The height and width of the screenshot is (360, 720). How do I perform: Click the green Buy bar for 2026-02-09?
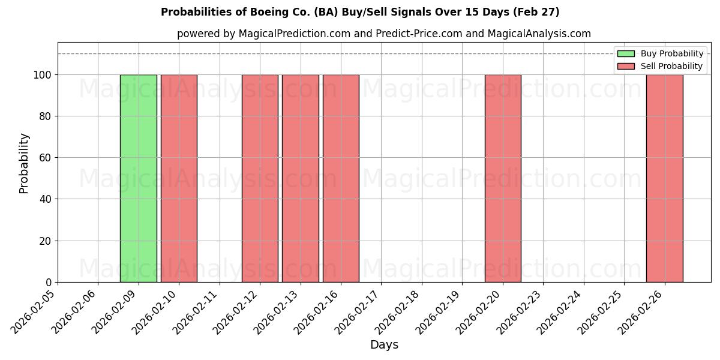click(138, 178)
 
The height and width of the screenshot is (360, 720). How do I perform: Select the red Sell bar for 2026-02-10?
click(179, 178)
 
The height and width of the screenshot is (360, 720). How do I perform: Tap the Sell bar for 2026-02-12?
click(260, 178)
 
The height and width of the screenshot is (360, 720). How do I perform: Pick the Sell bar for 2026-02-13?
click(300, 178)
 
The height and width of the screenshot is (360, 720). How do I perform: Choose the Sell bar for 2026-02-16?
click(341, 178)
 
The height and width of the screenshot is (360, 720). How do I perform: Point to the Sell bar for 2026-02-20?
click(503, 178)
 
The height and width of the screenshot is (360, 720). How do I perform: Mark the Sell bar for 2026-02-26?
click(664, 178)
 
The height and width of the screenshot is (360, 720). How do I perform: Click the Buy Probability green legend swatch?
click(625, 54)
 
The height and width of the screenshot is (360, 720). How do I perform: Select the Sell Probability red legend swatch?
click(625, 66)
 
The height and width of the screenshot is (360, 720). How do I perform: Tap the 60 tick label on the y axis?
click(45, 158)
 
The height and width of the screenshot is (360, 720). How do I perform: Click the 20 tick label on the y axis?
click(45, 241)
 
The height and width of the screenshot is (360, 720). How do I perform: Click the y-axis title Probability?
click(24, 163)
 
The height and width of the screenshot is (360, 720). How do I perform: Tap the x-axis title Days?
click(384, 345)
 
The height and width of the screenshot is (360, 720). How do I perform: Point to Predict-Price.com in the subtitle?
click(419, 34)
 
